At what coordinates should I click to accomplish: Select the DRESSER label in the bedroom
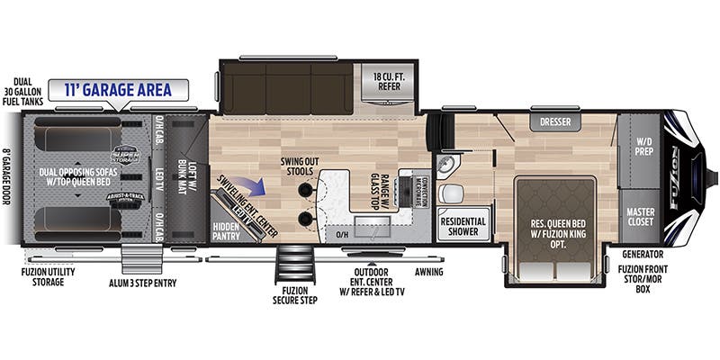[x=554, y=121]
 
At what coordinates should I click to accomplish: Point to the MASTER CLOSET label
[x=640, y=217]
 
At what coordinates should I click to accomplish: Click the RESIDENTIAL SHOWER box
[x=463, y=225]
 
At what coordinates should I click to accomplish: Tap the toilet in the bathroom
[x=454, y=192]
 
